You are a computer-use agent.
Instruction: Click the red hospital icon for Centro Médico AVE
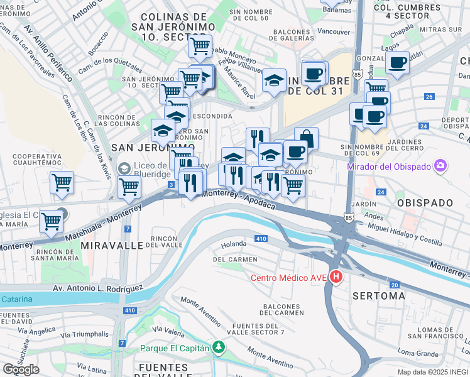pyautogui.click(x=337, y=276)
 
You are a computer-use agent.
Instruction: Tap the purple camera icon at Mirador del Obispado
pyautogui.click(x=441, y=166)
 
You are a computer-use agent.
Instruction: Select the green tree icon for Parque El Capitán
pyautogui.click(x=218, y=347)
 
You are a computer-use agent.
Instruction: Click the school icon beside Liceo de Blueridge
pyautogui.click(x=123, y=168)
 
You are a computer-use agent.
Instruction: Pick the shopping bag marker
pyautogui.click(x=306, y=138)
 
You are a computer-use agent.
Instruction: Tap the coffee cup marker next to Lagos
pyautogui.click(x=397, y=62)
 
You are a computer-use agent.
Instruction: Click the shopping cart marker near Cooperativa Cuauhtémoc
pyautogui.click(x=62, y=182)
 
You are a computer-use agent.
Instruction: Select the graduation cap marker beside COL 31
pyautogui.click(x=274, y=80)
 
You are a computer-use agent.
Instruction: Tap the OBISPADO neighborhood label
pyautogui.click(x=425, y=203)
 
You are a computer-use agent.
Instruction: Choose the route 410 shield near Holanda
pyautogui.click(x=261, y=239)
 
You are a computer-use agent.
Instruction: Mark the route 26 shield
pyautogui.click(x=429, y=96)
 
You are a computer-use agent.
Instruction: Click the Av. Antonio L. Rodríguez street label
pyautogui.click(x=85, y=288)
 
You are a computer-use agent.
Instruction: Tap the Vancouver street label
pyautogui.click(x=334, y=31)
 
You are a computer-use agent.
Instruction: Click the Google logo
pyautogui.click(x=21, y=369)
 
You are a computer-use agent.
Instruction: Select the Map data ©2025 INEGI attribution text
pyautogui.click(x=432, y=372)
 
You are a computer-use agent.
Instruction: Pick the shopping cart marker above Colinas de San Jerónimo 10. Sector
pyautogui.click(x=200, y=45)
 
